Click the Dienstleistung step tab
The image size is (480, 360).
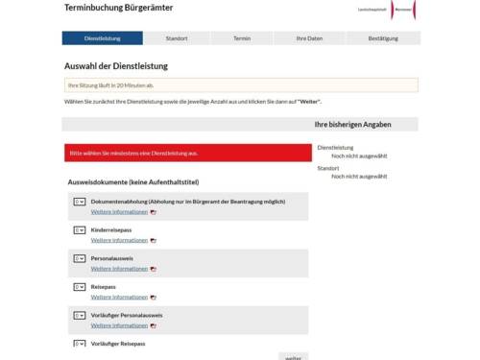tap(103, 38)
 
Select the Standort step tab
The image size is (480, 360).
tap(176, 38)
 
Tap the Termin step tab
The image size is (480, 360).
tap(242, 38)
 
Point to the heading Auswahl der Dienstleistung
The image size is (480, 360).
tap(115, 66)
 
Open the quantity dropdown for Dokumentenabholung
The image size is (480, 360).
tap(80, 203)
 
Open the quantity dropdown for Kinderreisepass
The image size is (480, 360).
tap(80, 230)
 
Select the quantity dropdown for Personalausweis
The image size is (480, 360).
tap(80, 258)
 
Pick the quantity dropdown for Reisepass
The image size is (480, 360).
tap(80, 286)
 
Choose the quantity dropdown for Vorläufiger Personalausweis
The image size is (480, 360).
tap(80, 315)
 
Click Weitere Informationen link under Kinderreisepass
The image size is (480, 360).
tap(119, 240)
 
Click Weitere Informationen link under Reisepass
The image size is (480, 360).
tap(119, 297)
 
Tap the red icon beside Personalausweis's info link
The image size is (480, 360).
tap(154, 269)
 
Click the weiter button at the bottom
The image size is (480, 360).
tap(293, 356)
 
